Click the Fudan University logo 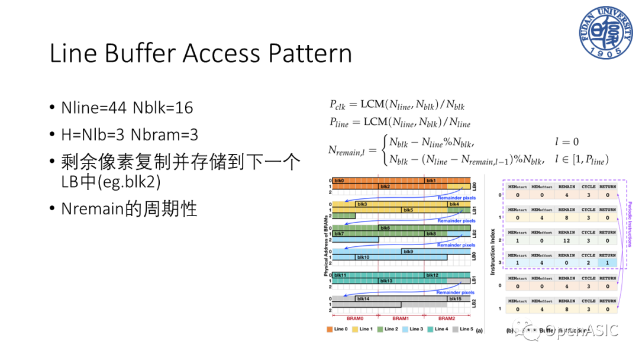[x=602, y=33]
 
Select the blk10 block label [x=362, y=257]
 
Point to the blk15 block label [x=455, y=299]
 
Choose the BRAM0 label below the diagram [x=356, y=318]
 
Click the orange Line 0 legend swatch [x=330, y=329]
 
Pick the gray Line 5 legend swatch [x=455, y=329]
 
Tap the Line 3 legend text [x=417, y=329]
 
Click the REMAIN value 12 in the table [x=566, y=241]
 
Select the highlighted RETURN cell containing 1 [x=607, y=262]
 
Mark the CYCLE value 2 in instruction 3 [x=588, y=262]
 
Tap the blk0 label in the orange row [x=339, y=180]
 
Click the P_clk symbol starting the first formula [x=335, y=105]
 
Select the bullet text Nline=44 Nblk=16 [x=127, y=108]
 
